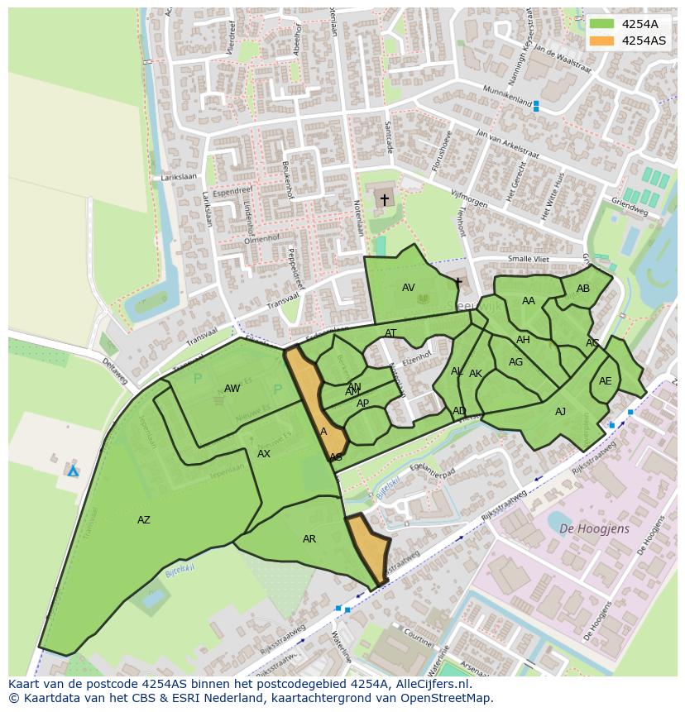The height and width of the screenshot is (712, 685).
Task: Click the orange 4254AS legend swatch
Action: [601, 40]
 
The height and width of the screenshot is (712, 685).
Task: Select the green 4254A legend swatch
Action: [601, 24]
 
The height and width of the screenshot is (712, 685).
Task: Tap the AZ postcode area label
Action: [144, 520]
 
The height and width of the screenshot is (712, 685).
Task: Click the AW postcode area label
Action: [232, 389]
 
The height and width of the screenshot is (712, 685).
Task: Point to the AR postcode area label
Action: [309, 539]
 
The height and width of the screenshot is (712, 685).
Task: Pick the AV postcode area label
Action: [409, 288]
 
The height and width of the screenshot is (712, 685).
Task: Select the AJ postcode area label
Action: [561, 412]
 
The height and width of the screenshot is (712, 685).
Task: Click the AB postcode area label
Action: [583, 289]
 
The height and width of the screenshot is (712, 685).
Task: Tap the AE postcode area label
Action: [606, 381]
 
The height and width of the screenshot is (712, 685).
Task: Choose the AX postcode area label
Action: [264, 454]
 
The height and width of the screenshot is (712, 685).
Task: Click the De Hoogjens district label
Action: [594, 528]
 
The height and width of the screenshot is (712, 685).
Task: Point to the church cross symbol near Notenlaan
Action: [384, 199]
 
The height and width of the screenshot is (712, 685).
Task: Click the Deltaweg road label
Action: [115, 371]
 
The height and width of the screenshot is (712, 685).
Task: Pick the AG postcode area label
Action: [516, 362]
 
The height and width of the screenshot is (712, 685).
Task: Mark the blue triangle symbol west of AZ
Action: [73, 471]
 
